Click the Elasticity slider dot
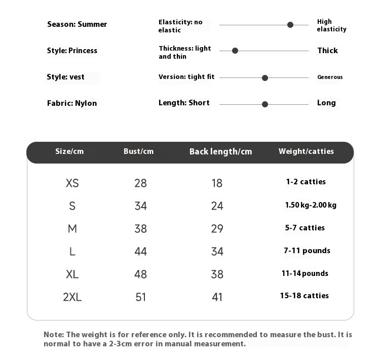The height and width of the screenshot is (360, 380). [290, 25]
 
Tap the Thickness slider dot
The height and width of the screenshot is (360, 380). [235, 51]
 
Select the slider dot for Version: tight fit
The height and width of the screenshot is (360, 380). [265, 78]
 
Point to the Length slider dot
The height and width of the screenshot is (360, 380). [265, 104]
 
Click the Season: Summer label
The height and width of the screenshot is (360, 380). [77, 24]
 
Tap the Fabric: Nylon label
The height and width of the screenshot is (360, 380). [72, 103]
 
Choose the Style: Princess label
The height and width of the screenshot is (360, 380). [72, 51]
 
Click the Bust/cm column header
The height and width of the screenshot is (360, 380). [138, 151]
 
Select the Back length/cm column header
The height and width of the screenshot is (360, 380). [220, 152]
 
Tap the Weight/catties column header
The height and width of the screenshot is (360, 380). [306, 151]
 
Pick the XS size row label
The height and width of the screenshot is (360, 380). [72, 183]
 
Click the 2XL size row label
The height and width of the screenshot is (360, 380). [72, 297]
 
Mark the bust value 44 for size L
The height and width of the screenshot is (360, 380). [140, 252]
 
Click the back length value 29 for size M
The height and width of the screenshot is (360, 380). [217, 229]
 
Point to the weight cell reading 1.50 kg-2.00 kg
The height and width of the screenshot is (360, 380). [311, 205]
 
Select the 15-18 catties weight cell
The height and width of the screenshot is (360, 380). [305, 296]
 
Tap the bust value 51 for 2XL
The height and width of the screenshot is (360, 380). [140, 297]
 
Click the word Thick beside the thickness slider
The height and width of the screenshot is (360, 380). [327, 51]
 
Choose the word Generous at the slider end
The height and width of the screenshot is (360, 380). [330, 77]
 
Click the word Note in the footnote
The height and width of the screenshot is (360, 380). [54, 335]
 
